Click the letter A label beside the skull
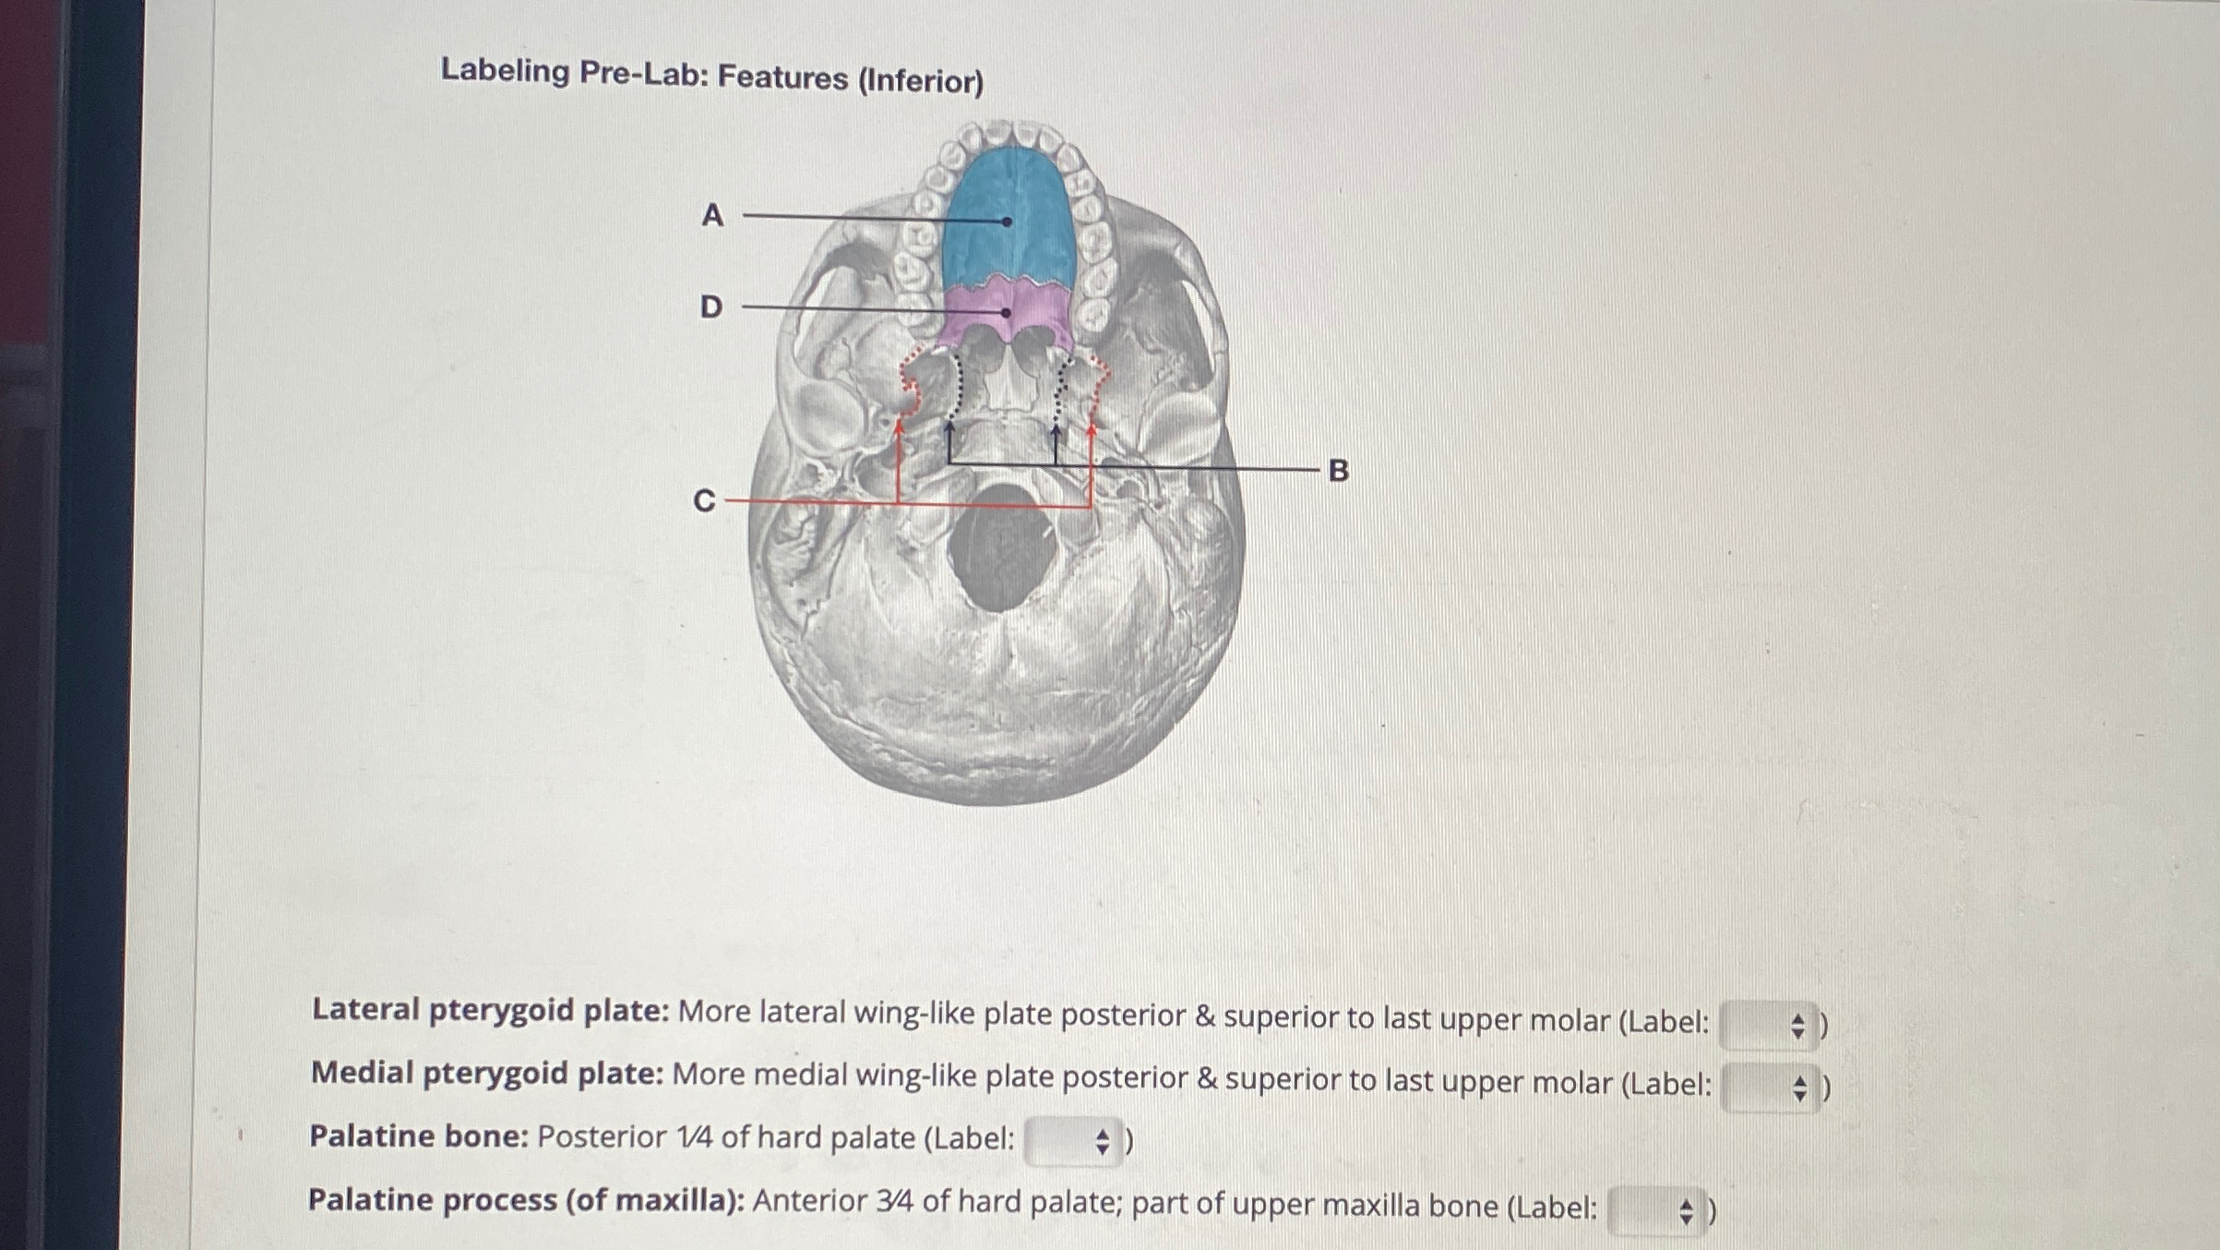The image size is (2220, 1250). coord(711,215)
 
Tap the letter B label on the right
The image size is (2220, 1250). coord(1338,471)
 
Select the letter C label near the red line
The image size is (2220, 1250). coord(704,500)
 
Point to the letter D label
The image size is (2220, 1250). coord(710,306)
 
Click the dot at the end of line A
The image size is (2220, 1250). coord(1007,222)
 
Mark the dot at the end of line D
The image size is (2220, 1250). coord(1006,313)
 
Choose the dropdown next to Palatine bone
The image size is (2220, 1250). coord(1073,1142)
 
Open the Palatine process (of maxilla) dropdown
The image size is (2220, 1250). coord(1657,1210)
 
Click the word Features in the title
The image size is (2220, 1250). coord(782,78)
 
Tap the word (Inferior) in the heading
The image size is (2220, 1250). coord(921,81)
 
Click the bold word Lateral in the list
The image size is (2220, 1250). coord(365,1009)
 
